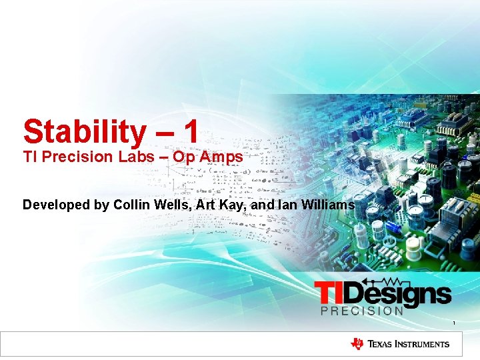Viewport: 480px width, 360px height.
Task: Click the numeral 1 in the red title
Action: pos(191,131)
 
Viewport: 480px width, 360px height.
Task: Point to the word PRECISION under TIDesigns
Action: pos(362,311)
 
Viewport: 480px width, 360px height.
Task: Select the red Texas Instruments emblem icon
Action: pos(357,344)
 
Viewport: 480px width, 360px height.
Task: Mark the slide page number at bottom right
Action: pos(454,323)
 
